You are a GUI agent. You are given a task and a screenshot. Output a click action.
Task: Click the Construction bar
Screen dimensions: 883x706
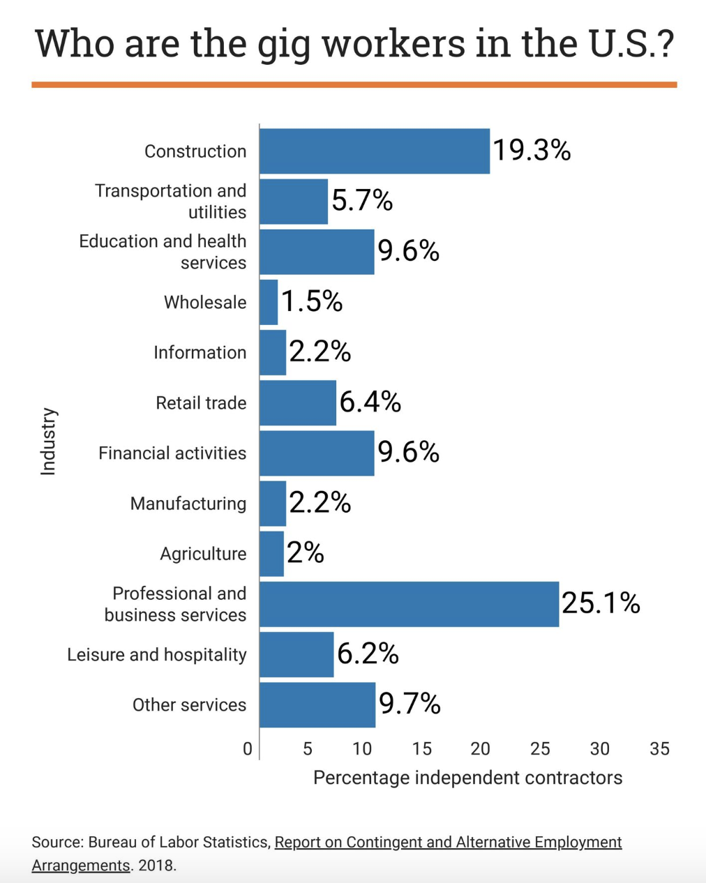coord(375,151)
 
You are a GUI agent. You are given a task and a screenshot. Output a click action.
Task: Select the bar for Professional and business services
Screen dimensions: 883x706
coord(409,604)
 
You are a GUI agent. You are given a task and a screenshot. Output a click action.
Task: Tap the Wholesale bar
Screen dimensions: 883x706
coord(269,302)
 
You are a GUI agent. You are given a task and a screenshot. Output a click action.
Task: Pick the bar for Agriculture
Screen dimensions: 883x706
coord(271,554)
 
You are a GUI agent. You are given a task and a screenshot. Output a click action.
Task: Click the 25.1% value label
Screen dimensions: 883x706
coord(601,603)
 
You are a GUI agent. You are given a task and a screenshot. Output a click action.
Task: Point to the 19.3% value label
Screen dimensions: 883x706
coord(532,150)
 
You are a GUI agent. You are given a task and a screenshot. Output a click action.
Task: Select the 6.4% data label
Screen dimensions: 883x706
coord(370,402)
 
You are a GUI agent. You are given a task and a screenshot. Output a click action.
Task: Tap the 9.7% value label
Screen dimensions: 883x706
coord(410,704)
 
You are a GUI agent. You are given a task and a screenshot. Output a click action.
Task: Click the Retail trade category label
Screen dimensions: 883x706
coord(201,403)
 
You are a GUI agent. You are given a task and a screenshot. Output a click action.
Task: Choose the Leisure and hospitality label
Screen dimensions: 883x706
coord(157,655)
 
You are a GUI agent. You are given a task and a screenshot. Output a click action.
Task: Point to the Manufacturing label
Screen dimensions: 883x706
coord(188,504)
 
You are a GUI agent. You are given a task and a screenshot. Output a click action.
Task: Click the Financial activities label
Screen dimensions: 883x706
coord(172,453)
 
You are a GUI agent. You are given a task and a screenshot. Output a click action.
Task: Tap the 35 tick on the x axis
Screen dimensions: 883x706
coord(659,749)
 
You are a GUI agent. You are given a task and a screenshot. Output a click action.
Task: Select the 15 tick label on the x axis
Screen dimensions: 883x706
coord(421,749)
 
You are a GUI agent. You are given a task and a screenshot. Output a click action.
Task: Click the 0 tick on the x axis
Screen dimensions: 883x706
coord(248,749)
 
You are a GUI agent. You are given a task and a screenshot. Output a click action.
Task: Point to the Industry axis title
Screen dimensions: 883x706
coord(48,441)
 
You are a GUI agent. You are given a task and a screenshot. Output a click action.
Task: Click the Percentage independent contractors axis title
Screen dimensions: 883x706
coord(467,778)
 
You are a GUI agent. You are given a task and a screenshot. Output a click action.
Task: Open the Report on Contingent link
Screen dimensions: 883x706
coord(448,843)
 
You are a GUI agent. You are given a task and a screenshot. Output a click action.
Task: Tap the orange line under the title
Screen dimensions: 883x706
coord(354,85)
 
